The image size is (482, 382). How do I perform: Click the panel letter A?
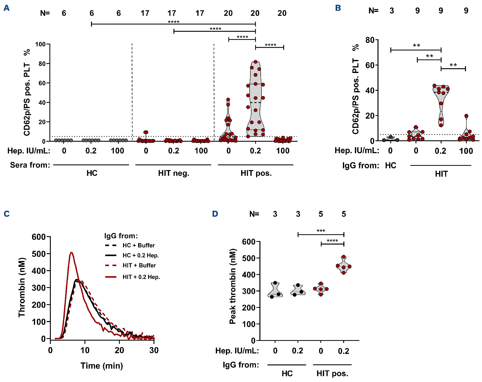click(x=7, y=8)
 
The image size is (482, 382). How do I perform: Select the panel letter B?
click(x=338, y=8)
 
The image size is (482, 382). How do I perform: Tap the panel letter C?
click(x=7, y=214)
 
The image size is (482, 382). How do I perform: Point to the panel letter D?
click(x=215, y=214)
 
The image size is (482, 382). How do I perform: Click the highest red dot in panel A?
click(x=255, y=62)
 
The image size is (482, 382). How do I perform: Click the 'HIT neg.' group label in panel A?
click(x=173, y=173)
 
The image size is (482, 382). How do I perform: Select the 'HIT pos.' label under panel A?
click(x=256, y=173)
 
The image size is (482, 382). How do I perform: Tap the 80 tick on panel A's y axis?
click(x=42, y=64)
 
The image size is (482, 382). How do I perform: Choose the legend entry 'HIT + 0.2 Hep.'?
click(x=141, y=277)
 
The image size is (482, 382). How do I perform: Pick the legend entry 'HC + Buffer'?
click(x=138, y=245)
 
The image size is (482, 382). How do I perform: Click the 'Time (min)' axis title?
click(x=102, y=366)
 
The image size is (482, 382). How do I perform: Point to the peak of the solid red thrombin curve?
click(x=71, y=252)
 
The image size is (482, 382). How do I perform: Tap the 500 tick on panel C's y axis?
click(x=39, y=254)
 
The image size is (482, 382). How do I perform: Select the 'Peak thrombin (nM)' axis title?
click(x=233, y=286)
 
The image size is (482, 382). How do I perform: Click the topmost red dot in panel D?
click(x=344, y=257)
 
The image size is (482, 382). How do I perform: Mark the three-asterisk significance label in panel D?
click(x=321, y=231)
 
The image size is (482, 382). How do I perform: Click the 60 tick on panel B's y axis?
click(x=370, y=65)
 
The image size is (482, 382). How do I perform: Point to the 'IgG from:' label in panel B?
click(x=361, y=166)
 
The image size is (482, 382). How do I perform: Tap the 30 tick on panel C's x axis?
click(x=154, y=350)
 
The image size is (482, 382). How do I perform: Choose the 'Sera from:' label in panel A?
click(x=30, y=165)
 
